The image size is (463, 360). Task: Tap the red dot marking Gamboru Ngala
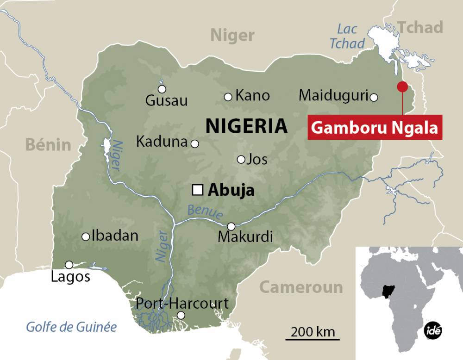click(x=402, y=87)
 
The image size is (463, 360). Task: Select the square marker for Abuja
click(x=198, y=190)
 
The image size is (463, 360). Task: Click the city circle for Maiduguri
click(x=374, y=97)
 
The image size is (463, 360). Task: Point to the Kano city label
click(x=252, y=96)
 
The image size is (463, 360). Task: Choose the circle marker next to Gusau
click(x=162, y=89)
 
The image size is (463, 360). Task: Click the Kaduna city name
click(x=161, y=142)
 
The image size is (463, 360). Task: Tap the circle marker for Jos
click(x=241, y=160)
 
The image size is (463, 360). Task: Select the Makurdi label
click(x=245, y=237)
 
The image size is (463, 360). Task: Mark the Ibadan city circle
click(x=86, y=236)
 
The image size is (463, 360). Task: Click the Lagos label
click(x=70, y=277)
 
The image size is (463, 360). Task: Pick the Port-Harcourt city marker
click(x=181, y=315)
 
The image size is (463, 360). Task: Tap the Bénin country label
click(x=48, y=144)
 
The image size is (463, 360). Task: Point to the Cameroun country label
click(x=300, y=287)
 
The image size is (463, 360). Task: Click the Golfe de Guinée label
click(x=71, y=327)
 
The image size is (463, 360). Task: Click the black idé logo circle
click(x=433, y=330)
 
